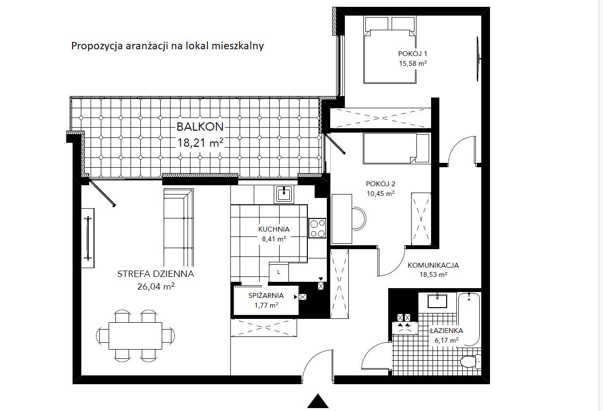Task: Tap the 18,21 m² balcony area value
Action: [x=200, y=142]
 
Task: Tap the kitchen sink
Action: [x=283, y=194]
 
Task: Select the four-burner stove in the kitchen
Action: [x=318, y=228]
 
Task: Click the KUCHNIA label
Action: [x=274, y=229]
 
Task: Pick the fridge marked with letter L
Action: [x=279, y=272]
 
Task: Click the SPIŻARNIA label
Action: [x=266, y=295]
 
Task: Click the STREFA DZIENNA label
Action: [x=155, y=274]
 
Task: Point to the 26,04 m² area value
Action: [x=155, y=287]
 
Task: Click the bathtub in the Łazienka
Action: [x=470, y=318]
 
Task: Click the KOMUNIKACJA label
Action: [x=433, y=266]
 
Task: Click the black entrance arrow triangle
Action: [x=318, y=401]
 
